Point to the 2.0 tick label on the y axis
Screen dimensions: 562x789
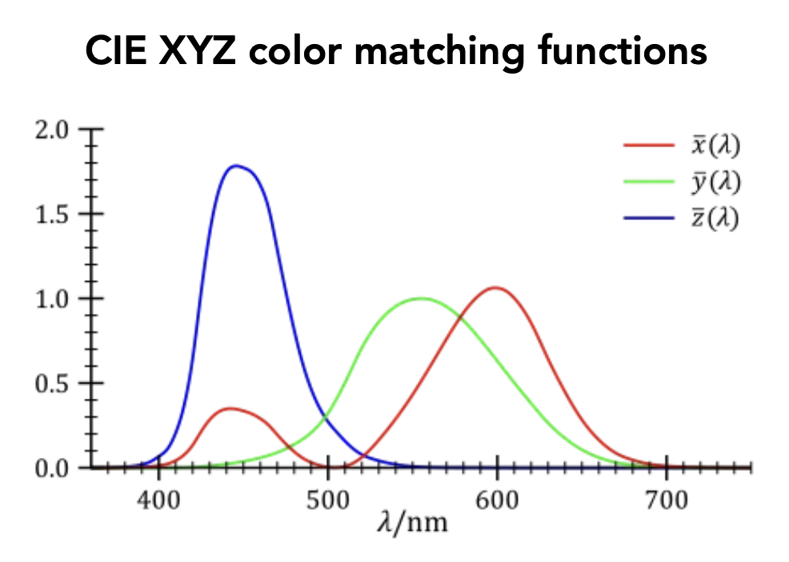(53, 130)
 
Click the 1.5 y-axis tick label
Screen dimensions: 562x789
(53, 215)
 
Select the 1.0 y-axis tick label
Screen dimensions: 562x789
(53, 299)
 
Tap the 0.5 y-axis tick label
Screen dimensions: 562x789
(53, 383)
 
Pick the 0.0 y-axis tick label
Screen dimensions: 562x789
(53, 467)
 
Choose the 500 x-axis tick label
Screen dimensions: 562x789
(328, 501)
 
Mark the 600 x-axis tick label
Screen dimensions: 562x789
(497, 501)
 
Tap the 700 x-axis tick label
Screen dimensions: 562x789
(666, 501)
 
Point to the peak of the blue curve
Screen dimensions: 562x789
(235, 167)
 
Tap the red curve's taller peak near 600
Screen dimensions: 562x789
(495, 287)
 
